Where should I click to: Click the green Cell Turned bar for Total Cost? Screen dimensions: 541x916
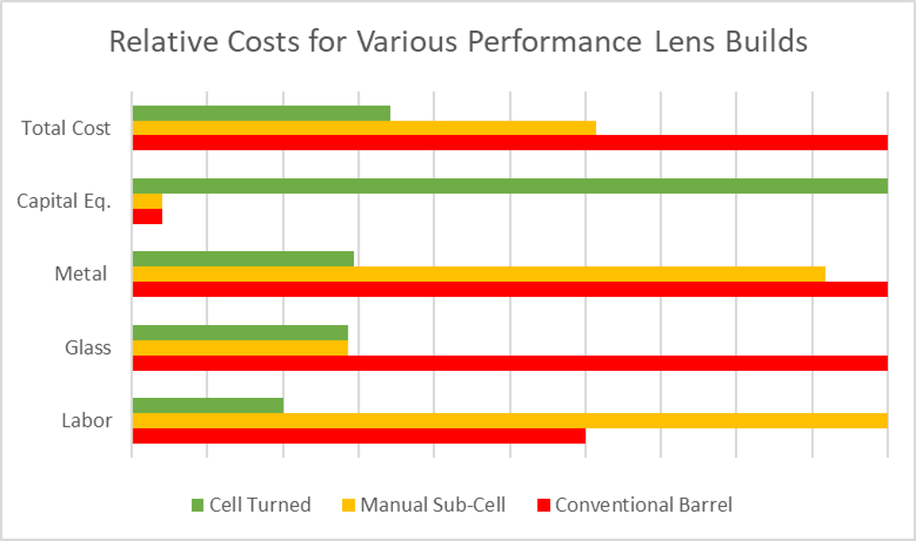click(x=261, y=113)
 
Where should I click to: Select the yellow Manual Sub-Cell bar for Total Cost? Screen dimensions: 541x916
click(x=364, y=128)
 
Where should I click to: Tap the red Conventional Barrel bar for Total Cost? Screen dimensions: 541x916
click(x=510, y=143)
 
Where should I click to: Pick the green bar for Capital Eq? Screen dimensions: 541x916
click(x=510, y=186)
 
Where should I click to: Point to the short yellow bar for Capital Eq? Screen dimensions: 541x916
click(x=148, y=201)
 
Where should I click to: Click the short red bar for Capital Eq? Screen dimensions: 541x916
click(x=148, y=216)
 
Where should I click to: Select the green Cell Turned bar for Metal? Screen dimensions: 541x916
click(x=243, y=259)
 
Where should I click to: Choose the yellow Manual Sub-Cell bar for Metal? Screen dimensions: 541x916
click(x=478, y=274)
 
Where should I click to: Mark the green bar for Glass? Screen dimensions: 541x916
click(x=240, y=332)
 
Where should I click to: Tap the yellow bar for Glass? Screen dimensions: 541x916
click(x=240, y=347)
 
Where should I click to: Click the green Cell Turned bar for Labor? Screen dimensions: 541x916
click(x=208, y=405)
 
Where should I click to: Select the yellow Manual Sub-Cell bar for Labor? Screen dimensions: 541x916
click(x=510, y=420)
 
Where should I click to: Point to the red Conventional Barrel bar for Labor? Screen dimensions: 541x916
click(x=358, y=436)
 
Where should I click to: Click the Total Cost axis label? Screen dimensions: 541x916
click(x=66, y=129)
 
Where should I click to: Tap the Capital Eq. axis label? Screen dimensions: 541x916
click(x=64, y=202)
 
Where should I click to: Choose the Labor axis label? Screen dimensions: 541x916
click(x=86, y=420)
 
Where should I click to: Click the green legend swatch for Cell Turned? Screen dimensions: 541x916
click(x=197, y=505)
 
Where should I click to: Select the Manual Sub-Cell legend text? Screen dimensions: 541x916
click(x=432, y=505)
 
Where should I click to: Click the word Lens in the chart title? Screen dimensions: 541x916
click(x=676, y=41)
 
